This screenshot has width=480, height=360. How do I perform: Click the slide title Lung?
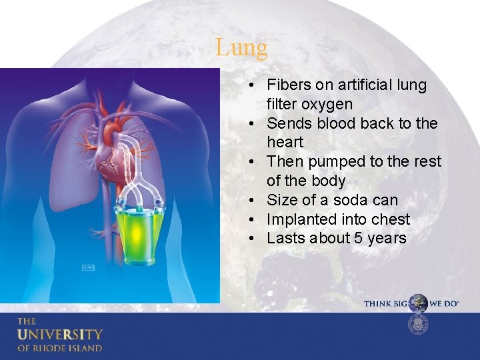point(241,48)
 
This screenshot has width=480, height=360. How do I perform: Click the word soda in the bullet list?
point(346,200)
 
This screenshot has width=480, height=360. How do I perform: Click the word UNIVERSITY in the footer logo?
point(60,334)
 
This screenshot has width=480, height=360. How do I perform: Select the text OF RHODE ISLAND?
point(60,348)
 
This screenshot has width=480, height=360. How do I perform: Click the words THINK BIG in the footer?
point(386,304)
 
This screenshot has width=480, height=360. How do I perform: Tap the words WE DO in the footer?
point(444,304)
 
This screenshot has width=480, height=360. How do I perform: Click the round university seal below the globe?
point(418,325)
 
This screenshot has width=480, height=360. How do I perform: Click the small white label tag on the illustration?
point(87,267)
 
